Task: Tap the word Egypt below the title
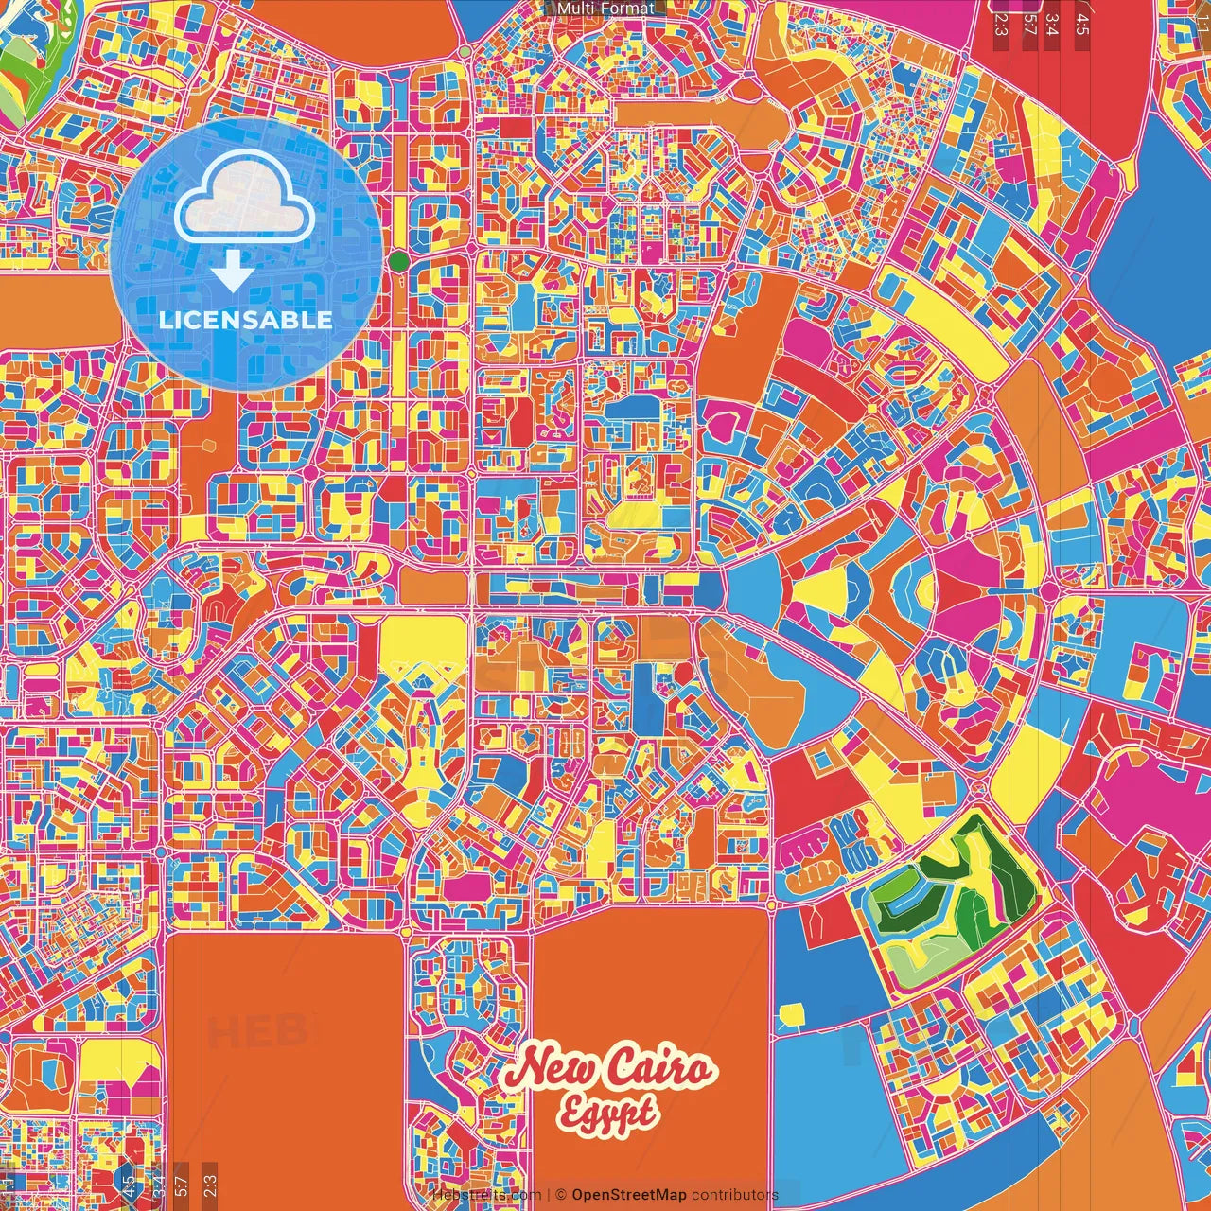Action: [605, 1113]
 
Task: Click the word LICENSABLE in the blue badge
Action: [246, 320]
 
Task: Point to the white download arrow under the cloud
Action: [232, 272]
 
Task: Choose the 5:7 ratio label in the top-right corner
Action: [1029, 21]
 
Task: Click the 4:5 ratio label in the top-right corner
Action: [1082, 21]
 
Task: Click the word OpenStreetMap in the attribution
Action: [629, 1195]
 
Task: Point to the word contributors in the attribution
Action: [735, 1195]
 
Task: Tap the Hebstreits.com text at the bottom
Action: [486, 1195]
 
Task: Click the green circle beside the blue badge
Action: [399, 260]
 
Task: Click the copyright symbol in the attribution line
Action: [560, 1195]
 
